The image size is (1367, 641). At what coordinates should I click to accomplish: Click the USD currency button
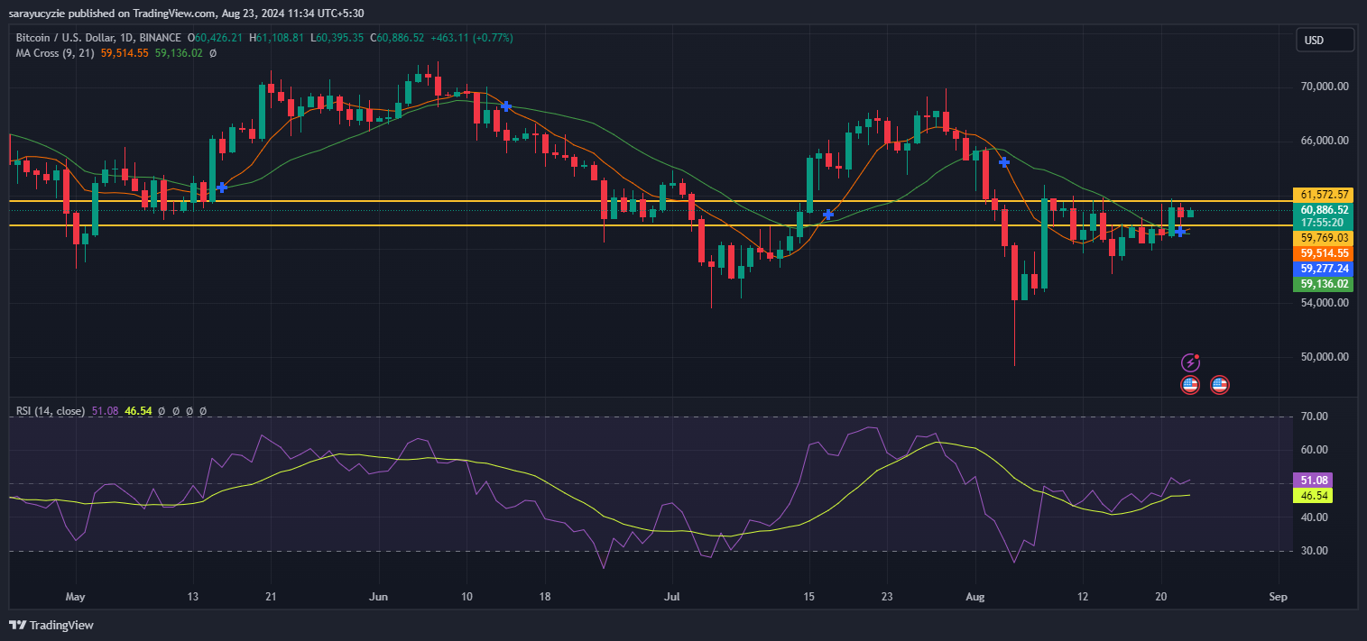tap(1325, 40)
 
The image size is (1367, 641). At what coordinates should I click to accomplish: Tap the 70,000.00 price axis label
tap(1325, 87)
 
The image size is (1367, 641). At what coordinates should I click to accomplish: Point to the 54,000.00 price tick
tap(1325, 303)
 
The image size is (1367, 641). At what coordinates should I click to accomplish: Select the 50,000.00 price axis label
tap(1325, 357)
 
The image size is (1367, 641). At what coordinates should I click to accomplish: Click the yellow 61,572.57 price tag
tap(1325, 195)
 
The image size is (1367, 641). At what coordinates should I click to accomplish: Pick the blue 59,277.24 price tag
tap(1325, 269)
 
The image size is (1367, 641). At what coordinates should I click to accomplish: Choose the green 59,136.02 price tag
tap(1325, 284)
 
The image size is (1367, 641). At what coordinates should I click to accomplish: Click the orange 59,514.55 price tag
tap(1325, 253)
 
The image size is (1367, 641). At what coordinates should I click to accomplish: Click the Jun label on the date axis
tap(379, 597)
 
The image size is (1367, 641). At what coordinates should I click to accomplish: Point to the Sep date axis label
tap(1277, 597)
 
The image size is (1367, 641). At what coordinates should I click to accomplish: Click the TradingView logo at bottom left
tap(51, 625)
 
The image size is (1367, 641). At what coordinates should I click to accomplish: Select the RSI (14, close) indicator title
tap(51, 411)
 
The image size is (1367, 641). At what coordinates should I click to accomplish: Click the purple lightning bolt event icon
tap(1190, 362)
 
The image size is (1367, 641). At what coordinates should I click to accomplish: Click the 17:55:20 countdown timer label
tap(1323, 223)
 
